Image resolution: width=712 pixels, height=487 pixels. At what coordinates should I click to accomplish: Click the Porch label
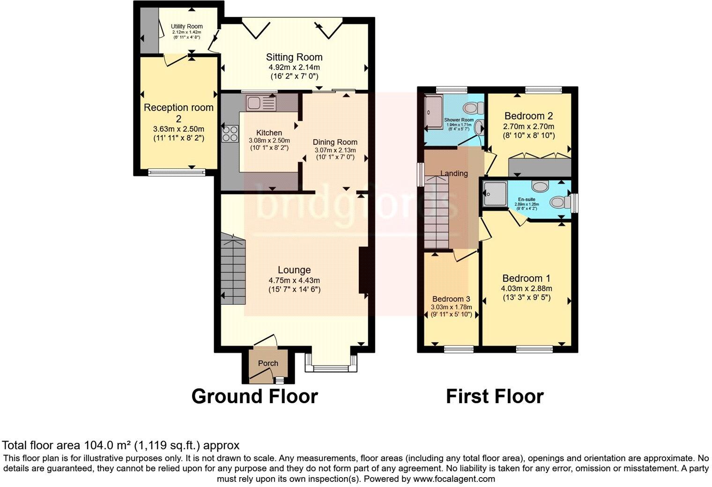tap(268, 363)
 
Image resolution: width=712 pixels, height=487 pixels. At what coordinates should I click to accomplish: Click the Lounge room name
tap(294, 270)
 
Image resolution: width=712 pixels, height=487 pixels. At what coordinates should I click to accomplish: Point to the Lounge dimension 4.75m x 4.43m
tap(294, 280)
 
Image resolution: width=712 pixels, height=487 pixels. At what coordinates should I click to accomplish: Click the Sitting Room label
tap(294, 57)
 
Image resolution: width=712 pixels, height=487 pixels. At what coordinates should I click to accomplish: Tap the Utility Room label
tap(186, 26)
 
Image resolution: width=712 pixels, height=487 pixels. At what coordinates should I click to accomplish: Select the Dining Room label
tap(335, 142)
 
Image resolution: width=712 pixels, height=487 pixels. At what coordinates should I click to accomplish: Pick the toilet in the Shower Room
tap(478, 108)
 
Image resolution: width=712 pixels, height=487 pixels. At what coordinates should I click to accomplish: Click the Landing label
tap(454, 173)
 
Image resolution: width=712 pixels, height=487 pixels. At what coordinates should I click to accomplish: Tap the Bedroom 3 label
tap(451, 299)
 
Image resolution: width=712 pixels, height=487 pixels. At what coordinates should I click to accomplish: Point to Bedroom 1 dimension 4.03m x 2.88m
tap(527, 288)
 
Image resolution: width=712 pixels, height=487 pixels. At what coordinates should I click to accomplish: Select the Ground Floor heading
tap(254, 396)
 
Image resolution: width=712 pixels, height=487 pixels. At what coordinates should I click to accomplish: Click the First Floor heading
tap(494, 396)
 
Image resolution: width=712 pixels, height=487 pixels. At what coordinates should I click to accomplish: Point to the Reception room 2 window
tap(177, 172)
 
